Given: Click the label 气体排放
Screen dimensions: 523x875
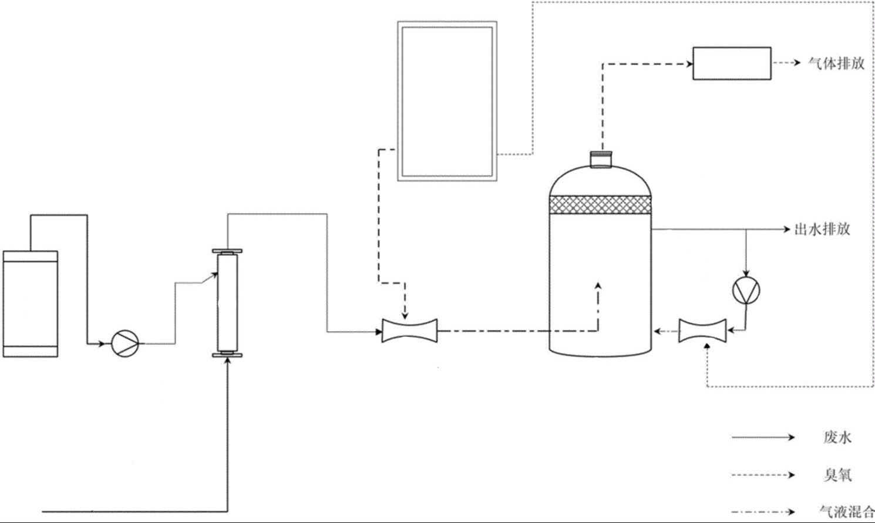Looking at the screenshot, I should pos(836,63).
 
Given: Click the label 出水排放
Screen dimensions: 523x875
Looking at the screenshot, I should pos(822,229).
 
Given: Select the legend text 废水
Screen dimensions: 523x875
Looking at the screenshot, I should pos(837,437).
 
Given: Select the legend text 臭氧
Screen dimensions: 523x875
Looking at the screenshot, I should pos(837,474).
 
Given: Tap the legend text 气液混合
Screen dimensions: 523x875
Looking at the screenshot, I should pos(846,511).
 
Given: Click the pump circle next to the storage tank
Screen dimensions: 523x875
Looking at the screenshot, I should pos(125,343).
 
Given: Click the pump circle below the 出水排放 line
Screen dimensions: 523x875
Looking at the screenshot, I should pos(746,290).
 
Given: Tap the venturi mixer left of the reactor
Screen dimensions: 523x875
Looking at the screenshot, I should pos(409,330).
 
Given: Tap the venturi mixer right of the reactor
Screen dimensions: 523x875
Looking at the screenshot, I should pos(702,330).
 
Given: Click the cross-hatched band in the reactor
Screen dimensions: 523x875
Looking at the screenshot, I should pos(600,204).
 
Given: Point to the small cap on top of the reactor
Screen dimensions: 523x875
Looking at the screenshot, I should pos(601,159).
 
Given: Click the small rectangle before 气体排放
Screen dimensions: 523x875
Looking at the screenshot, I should pos(732,63).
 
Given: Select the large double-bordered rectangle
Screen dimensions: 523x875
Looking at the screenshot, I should pos(447,101).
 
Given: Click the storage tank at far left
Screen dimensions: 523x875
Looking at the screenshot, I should pos(31,303).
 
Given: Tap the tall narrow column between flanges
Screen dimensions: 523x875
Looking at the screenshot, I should pos(227,303).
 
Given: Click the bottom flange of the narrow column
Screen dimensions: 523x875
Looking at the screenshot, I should pos(227,354).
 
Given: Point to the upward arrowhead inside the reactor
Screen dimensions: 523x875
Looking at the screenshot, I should pos(598,286).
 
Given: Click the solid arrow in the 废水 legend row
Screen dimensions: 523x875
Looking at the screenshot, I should pos(763,437).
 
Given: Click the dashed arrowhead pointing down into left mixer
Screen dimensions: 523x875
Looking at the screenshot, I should pos(405,315).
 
